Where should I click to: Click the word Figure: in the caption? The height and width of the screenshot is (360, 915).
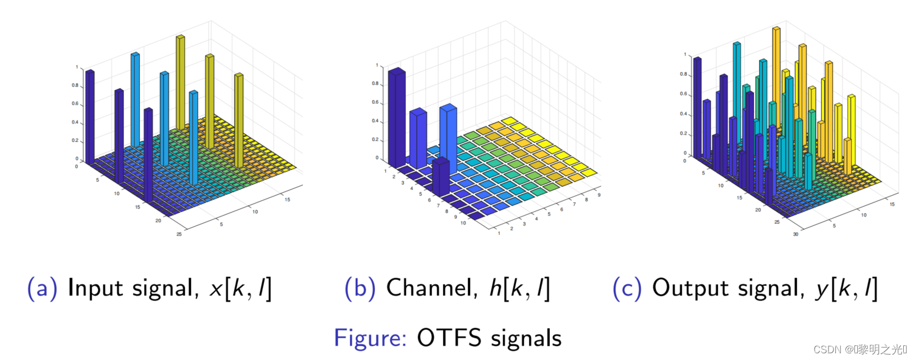[x=370, y=338]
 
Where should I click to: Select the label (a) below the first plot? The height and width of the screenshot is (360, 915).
[x=42, y=288]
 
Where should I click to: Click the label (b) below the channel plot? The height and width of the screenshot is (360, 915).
[x=360, y=288]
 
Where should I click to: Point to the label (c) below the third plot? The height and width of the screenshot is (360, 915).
[x=627, y=288]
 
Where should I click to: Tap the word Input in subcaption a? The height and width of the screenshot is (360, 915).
[x=95, y=288]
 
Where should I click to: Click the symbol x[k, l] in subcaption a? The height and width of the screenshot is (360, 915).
[x=240, y=289]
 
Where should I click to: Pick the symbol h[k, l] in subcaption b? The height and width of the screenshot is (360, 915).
[x=519, y=289]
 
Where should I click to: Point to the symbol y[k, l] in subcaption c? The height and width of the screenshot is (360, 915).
[x=845, y=289]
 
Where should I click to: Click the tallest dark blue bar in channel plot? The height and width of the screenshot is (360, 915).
[x=397, y=118]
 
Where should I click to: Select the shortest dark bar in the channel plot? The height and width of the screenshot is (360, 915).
[x=441, y=177]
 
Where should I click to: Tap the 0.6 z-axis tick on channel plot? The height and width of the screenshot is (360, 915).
[x=375, y=102]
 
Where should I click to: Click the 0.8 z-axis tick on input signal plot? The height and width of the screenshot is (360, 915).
[x=75, y=86]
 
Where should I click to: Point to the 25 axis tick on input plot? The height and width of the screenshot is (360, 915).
[x=179, y=234]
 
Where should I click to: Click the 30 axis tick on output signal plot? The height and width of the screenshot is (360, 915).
[x=796, y=234]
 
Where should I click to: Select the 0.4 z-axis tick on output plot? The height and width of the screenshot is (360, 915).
[x=683, y=114]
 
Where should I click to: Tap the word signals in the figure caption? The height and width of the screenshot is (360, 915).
[x=526, y=338]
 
